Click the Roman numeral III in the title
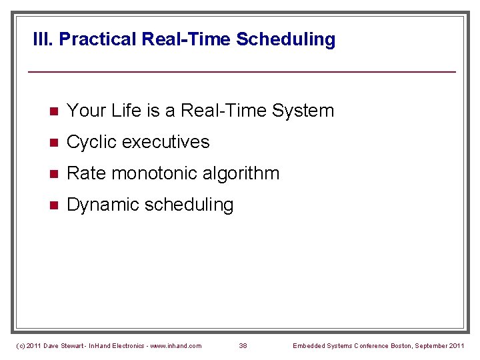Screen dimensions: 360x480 pyautogui.click(x=43, y=39)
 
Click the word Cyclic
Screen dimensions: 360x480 pyautogui.click(x=91, y=142)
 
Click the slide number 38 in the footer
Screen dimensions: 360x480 pyautogui.click(x=243, y=346)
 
